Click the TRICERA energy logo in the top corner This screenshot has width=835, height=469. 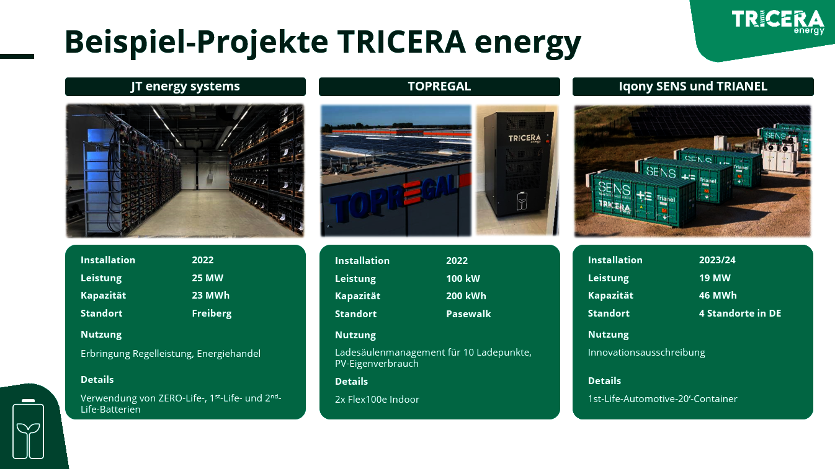(x=778, y=22)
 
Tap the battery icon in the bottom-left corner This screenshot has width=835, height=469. (x=29, y=429)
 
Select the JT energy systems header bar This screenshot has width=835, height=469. (x=185, y=86)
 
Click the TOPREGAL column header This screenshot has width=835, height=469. (x=439, y=86)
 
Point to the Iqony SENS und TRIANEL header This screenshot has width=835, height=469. (x=693, y=86)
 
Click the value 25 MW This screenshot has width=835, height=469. (x=208, y=278)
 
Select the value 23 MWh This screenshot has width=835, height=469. (x=211, y=295)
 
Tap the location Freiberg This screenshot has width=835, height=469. (x=212, y=313)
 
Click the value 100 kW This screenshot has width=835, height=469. (x=463, y=278)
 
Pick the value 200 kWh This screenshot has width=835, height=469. (x=466, y=296)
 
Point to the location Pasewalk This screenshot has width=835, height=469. (x=468, y=313)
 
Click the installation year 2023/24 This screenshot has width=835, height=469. (x=717, y=260)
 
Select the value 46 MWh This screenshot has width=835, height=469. (x=718, y=295)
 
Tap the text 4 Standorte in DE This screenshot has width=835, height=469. (x=740, y=313)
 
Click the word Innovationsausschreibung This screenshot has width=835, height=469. (x=646, y=353)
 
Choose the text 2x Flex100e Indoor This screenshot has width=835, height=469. (x=377, y=400)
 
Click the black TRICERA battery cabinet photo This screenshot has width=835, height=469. (x=517, y=170)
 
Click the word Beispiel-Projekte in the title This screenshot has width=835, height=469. (x=197, y=42)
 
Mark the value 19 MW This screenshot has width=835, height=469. (x=715, y=278)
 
